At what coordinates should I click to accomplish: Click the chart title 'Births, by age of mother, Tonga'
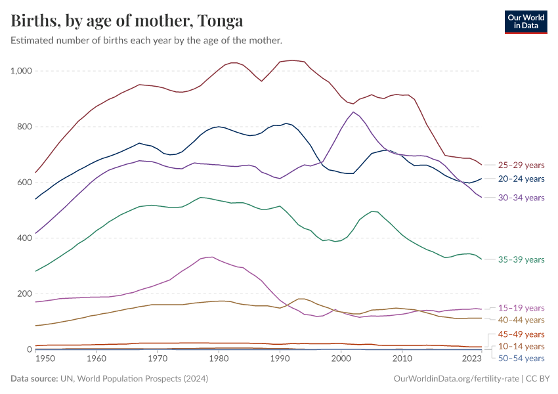click(x=127, y=21)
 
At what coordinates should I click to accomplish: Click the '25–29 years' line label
click(x=521, y=165)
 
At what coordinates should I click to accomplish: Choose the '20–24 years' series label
click(x=521, y=179)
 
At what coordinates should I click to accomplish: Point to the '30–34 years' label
click(x=521, y=198)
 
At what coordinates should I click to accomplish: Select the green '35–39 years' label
click(x=521, y=260)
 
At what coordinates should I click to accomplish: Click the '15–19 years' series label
click(x=521, y=308)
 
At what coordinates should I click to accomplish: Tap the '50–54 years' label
click(x=521, y=359)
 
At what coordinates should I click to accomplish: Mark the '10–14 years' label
click(x=521, y=346)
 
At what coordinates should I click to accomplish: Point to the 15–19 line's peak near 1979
click(x=210, y=257)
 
